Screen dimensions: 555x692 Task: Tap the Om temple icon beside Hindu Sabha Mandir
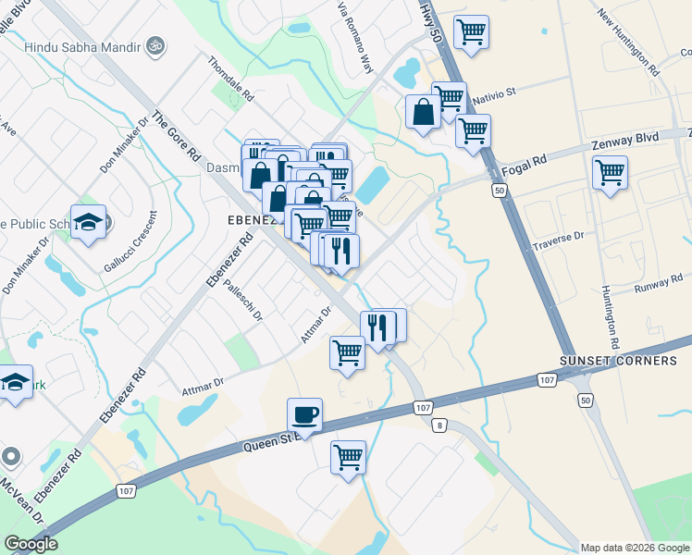click(154, 45)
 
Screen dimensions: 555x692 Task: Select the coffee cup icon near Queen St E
click(304, 414)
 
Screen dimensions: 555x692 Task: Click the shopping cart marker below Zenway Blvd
click(610, 172)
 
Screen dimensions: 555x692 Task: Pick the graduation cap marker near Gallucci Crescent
click(88, 222)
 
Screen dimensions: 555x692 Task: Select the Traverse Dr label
click(559, 241)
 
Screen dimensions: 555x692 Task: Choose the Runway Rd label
click(658, 289)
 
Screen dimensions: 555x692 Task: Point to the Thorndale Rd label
click(230, 79)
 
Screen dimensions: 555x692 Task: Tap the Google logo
click(31, 544)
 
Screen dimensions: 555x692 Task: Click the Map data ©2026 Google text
click(635, 548)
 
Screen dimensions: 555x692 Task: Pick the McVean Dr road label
click(22, 500)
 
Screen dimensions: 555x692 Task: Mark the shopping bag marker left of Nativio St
click(423, 112)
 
